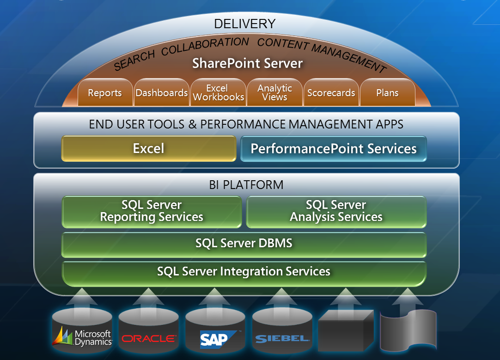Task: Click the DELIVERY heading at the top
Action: pyautogui.click(x=244, y=24)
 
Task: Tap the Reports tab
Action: pyautogui.click(x=105, y=92)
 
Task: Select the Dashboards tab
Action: pyautogui.click(x=162, y=92)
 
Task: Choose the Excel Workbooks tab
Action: pyautogui.click(x=219, y=92)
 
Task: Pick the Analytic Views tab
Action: pyautogui.click(x=274, y=92)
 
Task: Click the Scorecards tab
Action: pyautogui.click(x=331, y=92)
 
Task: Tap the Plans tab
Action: pyautogui.click(x=387, y=92)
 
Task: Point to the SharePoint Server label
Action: pyautogui.click(x=247, y=63)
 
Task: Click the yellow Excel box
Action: pyautogui.click(x=149, y=149)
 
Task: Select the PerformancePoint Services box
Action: pyautogui.click(x=334, y=149)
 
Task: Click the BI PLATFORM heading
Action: pyautogui.click(x=246, y=185)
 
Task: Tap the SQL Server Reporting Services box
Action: pyautogui.click(x=152, y=212)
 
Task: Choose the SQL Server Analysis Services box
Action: pyautogui.click(x=336, y=212)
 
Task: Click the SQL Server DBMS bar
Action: pyautogui.click(x=244, y=244)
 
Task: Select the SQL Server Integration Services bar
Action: pyautogui.click(x=244, y=274)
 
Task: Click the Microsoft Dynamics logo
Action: pyautogui.click(x=82, y=337)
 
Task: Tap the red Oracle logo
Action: pyautogui.click(x=149, y=338)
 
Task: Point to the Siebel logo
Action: pyautogui.click(x=282, y=339)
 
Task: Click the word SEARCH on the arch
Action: pyautogui.click(x=134, y=60)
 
